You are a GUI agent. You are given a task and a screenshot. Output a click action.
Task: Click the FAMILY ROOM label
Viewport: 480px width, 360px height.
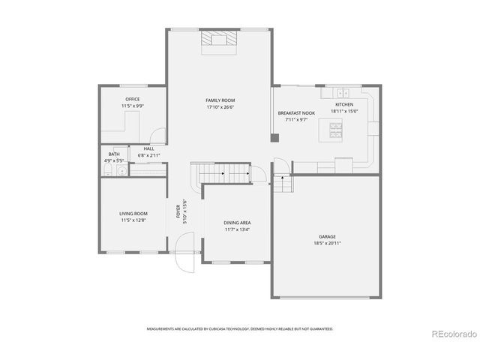click(x=220, y=100)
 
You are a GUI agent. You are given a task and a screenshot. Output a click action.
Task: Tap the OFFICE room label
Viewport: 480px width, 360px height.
click(x=133, y=99)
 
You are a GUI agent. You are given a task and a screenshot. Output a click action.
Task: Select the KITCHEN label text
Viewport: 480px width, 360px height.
click(x=343, y=104)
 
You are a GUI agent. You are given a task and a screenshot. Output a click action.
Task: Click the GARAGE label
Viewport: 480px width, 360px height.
click(x=327, y=237)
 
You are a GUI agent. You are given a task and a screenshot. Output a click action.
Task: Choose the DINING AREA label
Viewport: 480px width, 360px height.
click(x=237, y=223)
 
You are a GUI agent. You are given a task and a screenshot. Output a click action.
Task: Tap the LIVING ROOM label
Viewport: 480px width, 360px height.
click(x=133, y=214)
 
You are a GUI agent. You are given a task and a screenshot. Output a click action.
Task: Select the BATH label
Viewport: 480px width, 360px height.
click(x=114, y=154)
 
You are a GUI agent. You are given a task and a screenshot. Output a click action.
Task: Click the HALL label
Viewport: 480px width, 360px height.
click(x=148, y=148)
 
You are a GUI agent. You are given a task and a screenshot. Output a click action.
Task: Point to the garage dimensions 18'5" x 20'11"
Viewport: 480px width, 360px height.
click(x=327, y=244)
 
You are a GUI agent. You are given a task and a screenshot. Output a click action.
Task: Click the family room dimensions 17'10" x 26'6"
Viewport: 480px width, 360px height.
click(x=220, y=106)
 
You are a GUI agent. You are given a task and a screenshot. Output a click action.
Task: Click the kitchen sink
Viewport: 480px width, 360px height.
click(x=344, y=93)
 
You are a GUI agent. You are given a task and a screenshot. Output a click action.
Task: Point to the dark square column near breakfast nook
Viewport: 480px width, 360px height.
click(x=274, y=137)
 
